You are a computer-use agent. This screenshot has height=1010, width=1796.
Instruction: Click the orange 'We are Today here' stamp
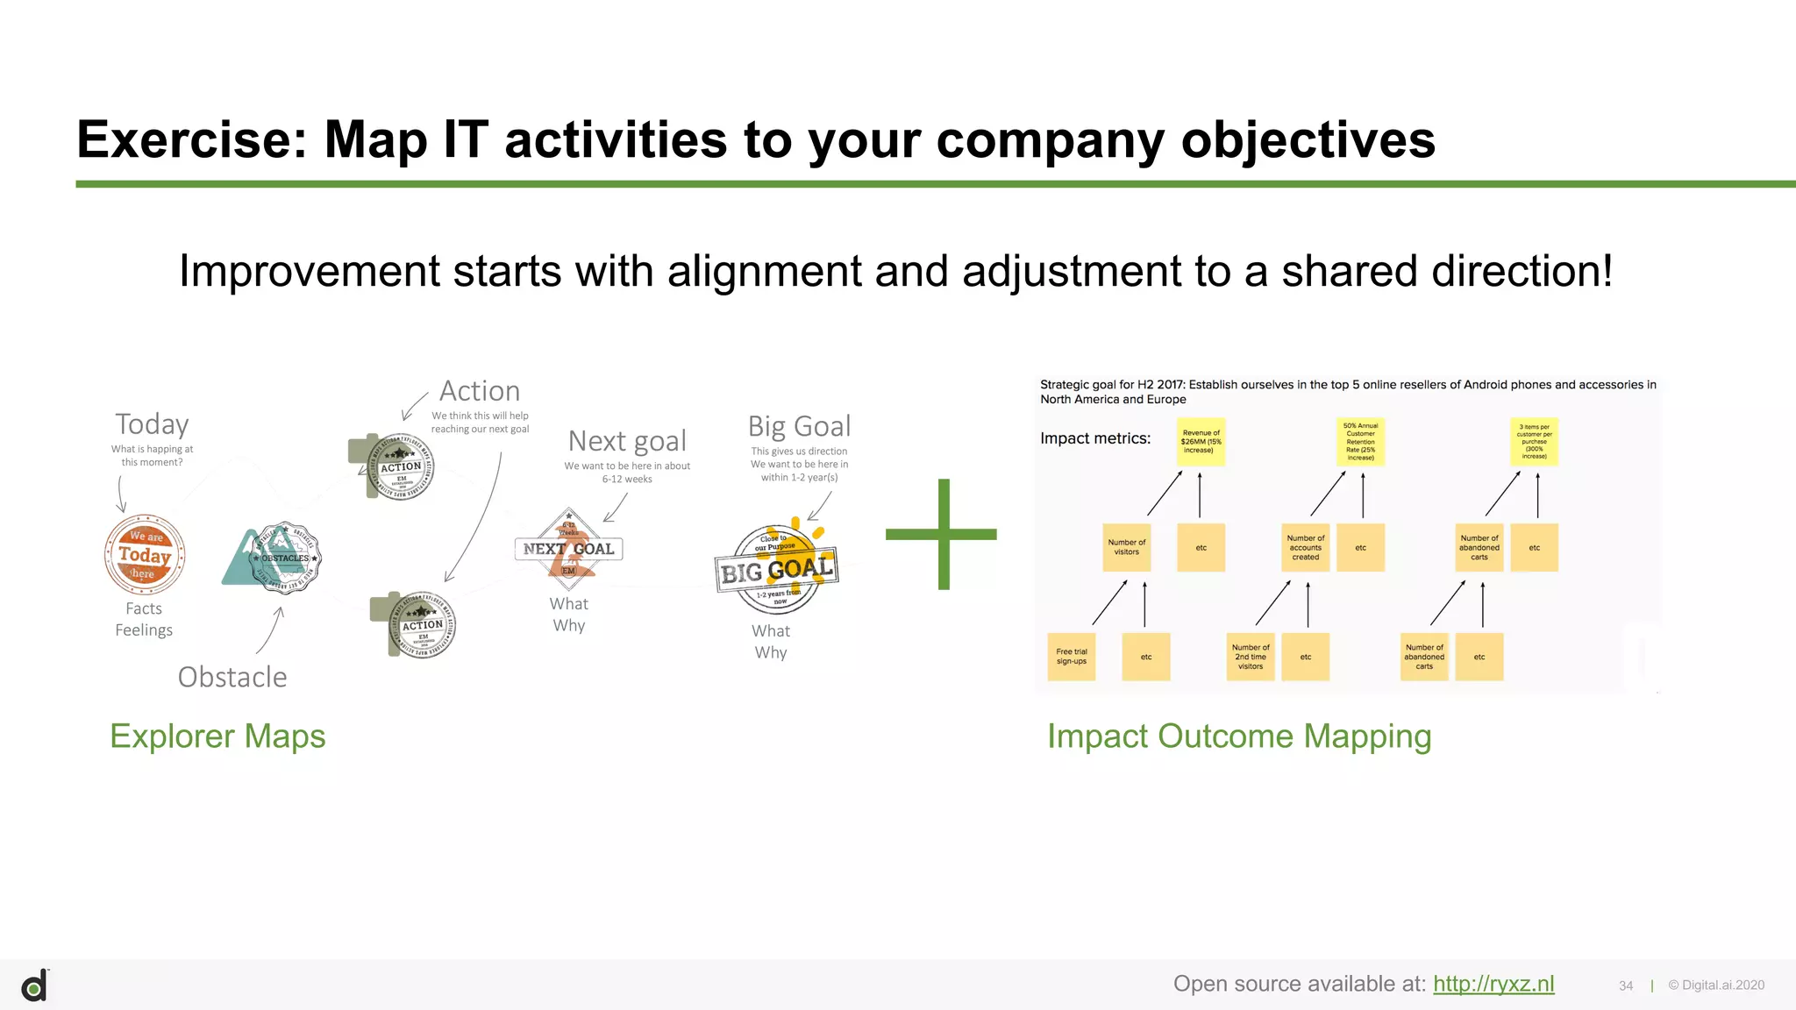[x=145, y=554]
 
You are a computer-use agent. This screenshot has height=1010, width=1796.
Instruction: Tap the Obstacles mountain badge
[x=274, y=558]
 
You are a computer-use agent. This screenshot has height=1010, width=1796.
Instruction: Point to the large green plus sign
[x=943, y=534]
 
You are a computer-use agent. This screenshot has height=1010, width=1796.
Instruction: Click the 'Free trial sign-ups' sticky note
[x=1071, y=657]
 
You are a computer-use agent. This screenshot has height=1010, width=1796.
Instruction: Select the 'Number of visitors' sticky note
[x=1126, y=547]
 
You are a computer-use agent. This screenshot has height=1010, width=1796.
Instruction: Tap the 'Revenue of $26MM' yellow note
[x=1201, y=441]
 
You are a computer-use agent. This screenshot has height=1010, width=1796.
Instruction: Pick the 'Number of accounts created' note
[x=1305, y=547]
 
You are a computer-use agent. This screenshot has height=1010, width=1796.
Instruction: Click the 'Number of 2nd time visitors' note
[x=1250, y=657]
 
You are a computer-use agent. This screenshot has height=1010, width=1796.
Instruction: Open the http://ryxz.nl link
[x=1493, y=984]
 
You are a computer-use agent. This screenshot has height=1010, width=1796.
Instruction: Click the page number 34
[x=1625, y=985]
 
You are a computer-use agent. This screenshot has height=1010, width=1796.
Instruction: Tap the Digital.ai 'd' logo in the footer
[x=34, y=986]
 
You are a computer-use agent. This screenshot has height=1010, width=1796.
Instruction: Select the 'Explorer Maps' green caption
[x=217, y=736]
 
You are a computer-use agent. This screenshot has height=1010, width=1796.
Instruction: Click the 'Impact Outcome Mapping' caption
[x=1238, y=736]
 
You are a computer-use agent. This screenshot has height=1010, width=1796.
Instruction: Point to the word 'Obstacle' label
[x=232, y=677]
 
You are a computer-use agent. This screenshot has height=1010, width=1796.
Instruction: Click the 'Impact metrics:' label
[x=1094, y=438]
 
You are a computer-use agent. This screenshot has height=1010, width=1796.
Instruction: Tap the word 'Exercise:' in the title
[x=192, y=139]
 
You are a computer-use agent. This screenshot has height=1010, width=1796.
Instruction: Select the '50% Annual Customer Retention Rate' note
[x=1360, y=441]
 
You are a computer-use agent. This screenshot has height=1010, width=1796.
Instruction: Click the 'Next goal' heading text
[x=627, y=440]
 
